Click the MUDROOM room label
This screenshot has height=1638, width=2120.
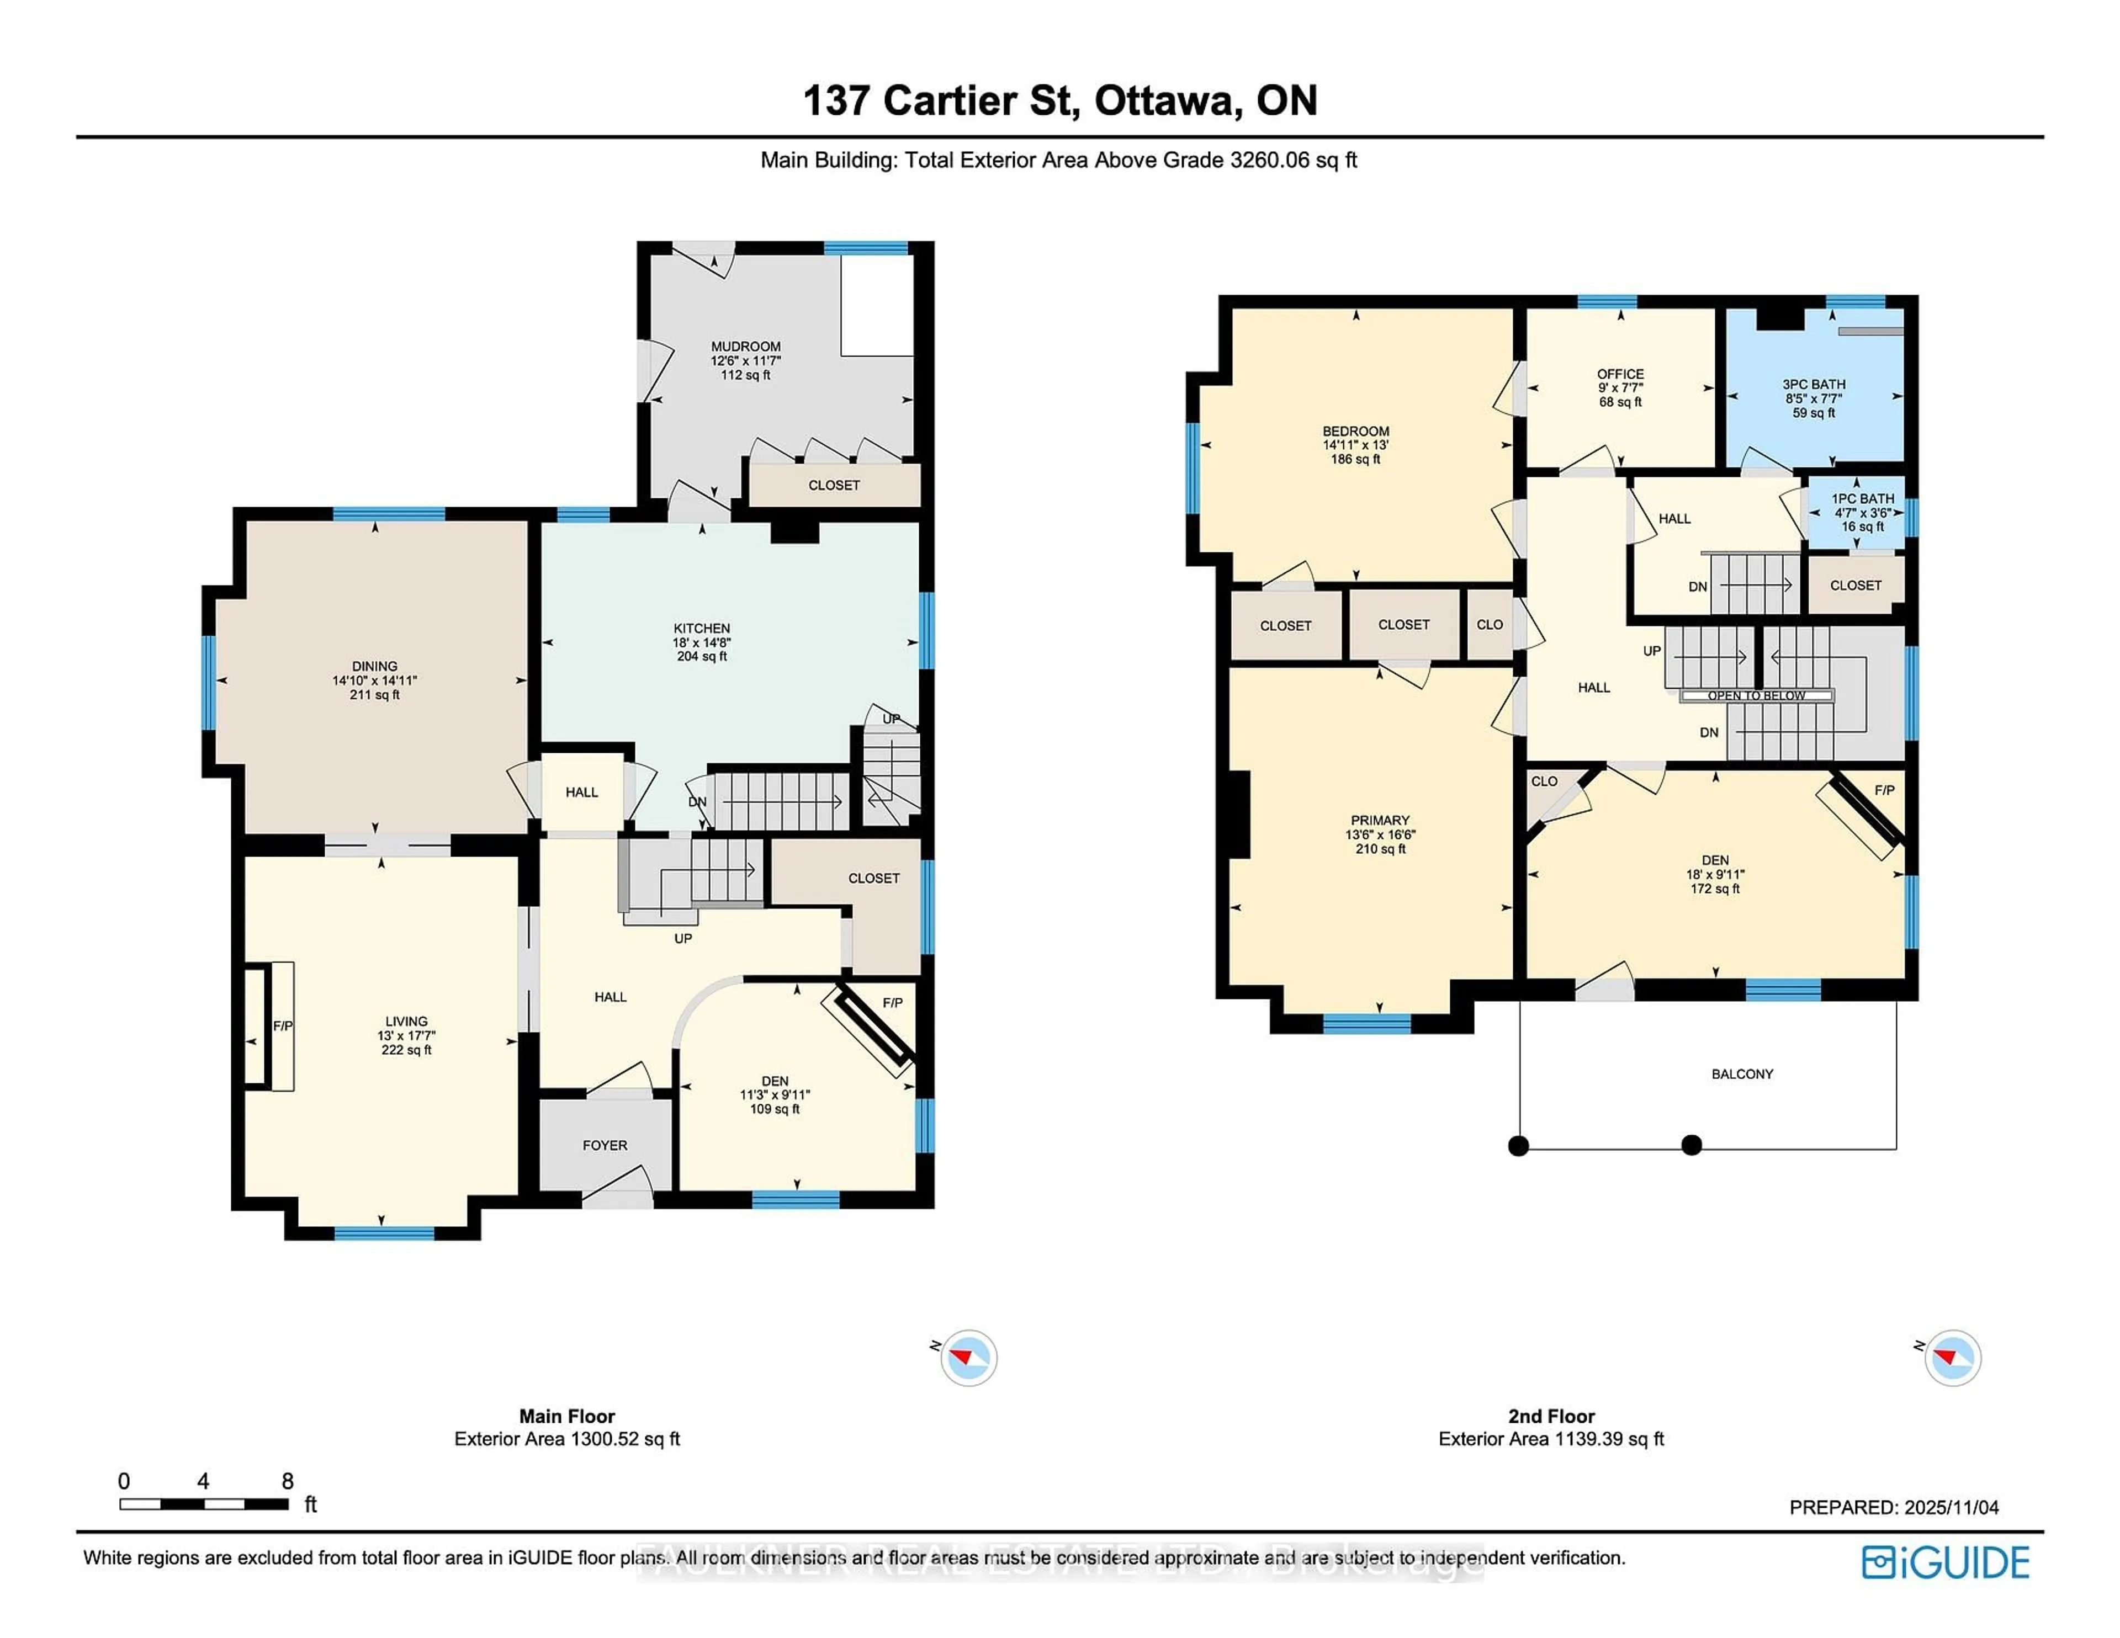(745, 347)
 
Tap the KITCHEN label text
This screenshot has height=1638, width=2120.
(702, 628)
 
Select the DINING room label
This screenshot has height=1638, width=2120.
(375, 666)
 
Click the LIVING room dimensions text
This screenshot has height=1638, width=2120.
(406, 1035)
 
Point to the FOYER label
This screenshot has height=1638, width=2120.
(605, 1145)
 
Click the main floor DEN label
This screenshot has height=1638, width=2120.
(775, 1081)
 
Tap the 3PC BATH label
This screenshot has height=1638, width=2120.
(1813, 384)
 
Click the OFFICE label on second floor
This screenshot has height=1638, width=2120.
(1620, 374)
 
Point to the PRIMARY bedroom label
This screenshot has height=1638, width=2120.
(1379, 820)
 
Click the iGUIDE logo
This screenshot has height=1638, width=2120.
(1946, 1562)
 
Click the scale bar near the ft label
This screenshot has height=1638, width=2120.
(204, 1504)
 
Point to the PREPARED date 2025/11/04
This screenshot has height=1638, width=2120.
(1893, 1507)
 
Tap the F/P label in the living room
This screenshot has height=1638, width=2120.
(283, 1026)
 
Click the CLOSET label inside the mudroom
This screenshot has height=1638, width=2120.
(834, 485)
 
